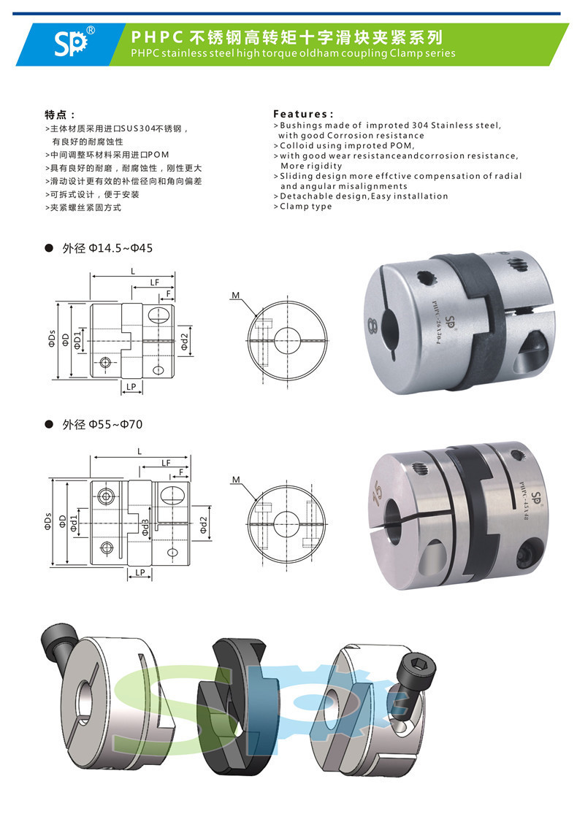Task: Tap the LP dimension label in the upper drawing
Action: [x=131, y=387]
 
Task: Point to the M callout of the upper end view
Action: [x=235, y=296]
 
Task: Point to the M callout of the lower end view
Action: [x=236, y=480]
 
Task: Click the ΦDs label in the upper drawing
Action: [x=51, y=339]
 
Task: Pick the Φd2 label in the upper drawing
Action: [x=184, y=342]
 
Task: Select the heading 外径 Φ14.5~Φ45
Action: [x=107, y=248]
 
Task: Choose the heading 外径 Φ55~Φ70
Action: [x=102, y=424]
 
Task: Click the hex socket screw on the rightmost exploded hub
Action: [x=413, y=676]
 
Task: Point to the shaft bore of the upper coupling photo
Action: [x=389, y=331]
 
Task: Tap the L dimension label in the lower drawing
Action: [x=140, y=451]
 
